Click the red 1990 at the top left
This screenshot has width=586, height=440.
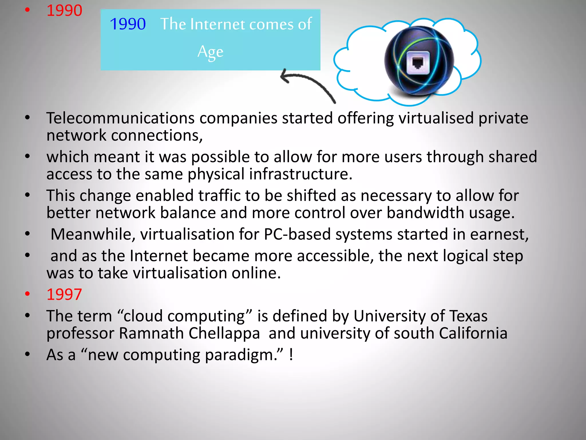[x=64, y=11]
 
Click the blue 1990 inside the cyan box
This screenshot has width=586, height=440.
[x=128, y=24]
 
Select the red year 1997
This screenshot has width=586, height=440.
[x=64, y=294]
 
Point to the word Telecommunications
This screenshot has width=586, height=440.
[x=120, y=118]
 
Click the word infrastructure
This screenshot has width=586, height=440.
[x=300, y=174]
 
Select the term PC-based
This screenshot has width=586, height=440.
[x=297, y=234]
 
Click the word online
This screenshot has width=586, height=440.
[x=256, y=273]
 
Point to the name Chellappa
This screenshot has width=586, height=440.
[x=224, y=333]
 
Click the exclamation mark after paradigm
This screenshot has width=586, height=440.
[x=291, y=355]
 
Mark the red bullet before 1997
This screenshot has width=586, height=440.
[x=27, y=294]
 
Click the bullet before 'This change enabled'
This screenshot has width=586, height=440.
[x=27, y=195]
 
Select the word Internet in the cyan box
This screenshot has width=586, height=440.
[x=218, y=24]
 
